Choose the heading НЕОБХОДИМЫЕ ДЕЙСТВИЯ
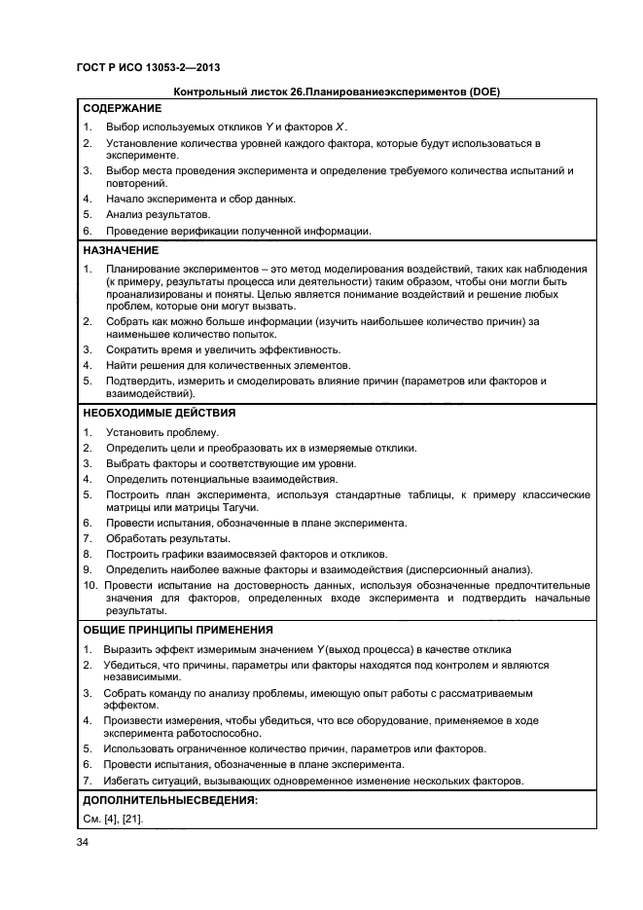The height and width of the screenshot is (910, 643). pyautogui.click(x=159, y=413)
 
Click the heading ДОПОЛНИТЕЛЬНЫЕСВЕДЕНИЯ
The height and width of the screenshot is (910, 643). pyautogui.click(x=170, y=799)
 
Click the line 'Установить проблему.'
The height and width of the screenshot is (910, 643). pyautogui.click(x=162, y=432)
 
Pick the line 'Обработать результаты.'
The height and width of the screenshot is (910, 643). pyautogui.click(x=168, y=538)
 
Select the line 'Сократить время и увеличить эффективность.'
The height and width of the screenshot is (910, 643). pyautogui.click(x=223, y=349)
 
